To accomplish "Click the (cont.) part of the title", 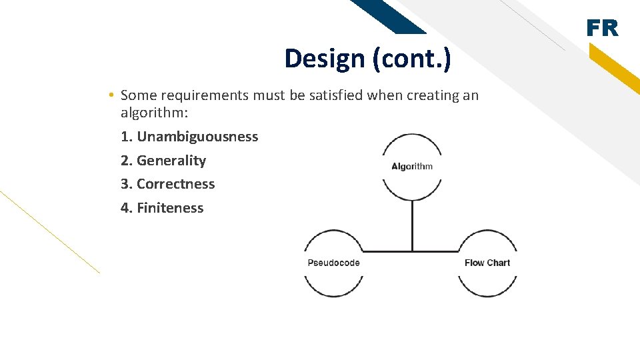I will click(x=412, y=59).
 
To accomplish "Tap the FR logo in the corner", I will click(x=602, y=29).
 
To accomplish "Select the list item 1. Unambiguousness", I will click(x=189, y=137).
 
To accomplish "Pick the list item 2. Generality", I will click(x=163, y=161).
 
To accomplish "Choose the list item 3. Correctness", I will click(x=168, y=184).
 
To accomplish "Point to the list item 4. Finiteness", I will click(x=162, y=208).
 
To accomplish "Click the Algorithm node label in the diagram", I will click(x=412, y=167).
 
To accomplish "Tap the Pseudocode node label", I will click(x=333, y=263).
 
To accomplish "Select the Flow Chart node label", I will click(x=487, y=263).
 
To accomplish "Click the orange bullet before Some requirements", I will click(x=111, y=95).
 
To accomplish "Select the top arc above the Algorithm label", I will click(x=412, y=136).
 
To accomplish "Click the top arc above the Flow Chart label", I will click(x=487, y=233).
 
